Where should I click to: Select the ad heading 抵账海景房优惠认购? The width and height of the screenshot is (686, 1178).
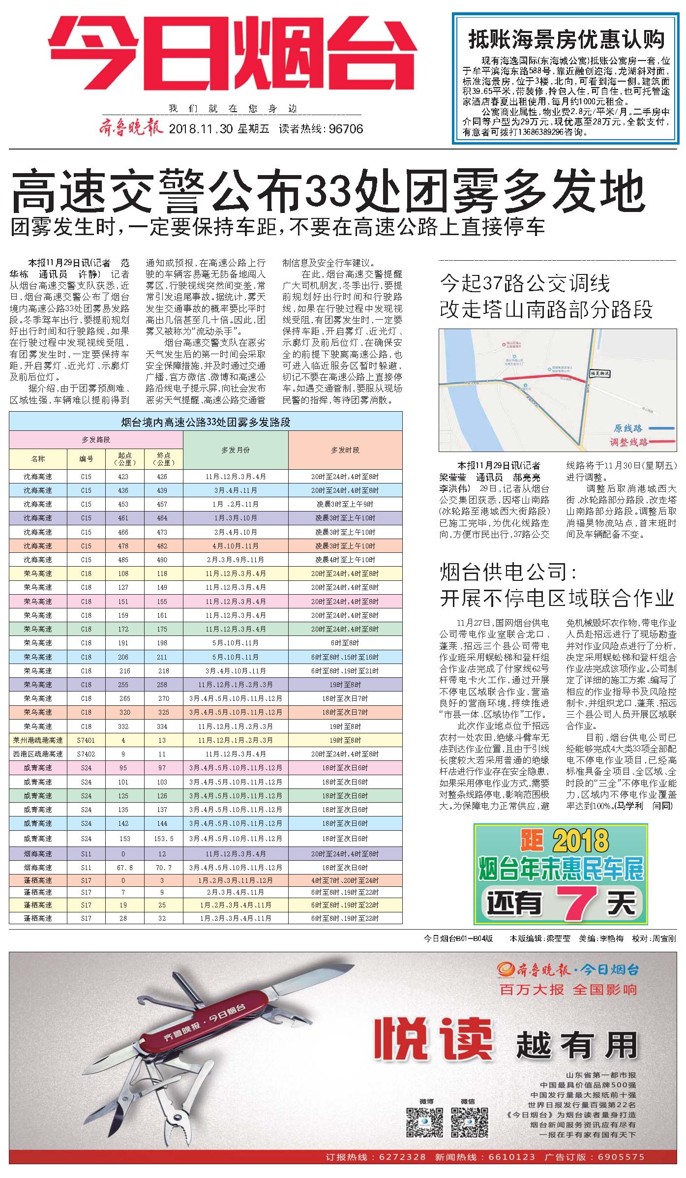[x=566, y=39]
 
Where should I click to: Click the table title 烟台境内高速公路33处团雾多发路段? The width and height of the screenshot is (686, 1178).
[x=206, y=422]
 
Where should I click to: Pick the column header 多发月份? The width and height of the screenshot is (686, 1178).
[x=236, y=450]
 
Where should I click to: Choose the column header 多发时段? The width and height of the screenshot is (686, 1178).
[x=345, y=450]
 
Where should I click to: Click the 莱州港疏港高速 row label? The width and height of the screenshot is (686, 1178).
[x=38, y=740]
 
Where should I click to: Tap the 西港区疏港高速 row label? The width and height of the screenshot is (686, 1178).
[x=38, y=754]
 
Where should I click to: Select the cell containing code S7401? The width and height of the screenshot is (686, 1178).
[x=86, y=740]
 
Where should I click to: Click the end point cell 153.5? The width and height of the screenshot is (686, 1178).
[x=164, y=839]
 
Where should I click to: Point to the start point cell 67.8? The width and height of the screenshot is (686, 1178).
[x=124, y=868]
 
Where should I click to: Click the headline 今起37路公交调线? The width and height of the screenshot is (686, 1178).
[x=525, y=284]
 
